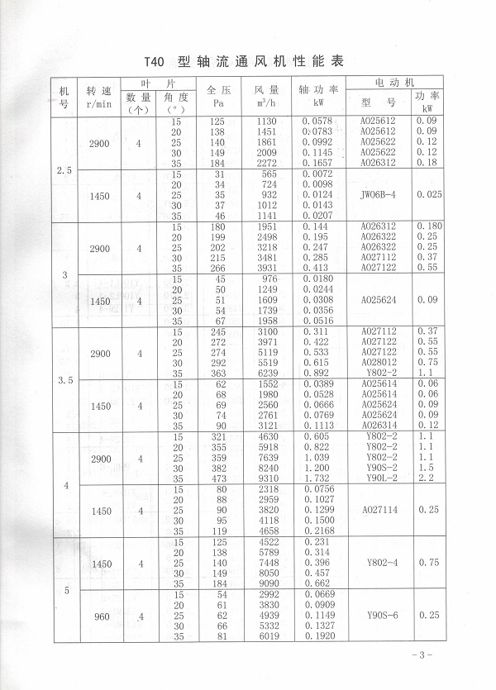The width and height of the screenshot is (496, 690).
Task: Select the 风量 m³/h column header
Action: click(266, 96)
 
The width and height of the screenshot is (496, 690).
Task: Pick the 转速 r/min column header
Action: click(98, 96)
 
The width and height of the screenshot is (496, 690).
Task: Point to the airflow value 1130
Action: click(272, 121)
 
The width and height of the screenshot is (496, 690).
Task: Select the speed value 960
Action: click(99, 616)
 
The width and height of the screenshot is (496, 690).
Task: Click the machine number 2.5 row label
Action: click(64, 170)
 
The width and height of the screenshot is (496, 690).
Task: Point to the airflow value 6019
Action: click(272, 636)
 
